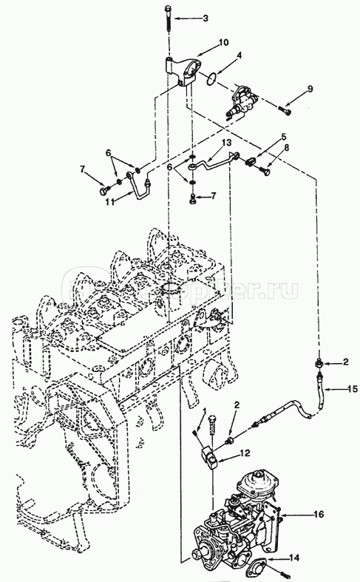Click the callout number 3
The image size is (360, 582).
tap(206, 17)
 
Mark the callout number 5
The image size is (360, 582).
tap(282, 138)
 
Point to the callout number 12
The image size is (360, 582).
tap(244, 452)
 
